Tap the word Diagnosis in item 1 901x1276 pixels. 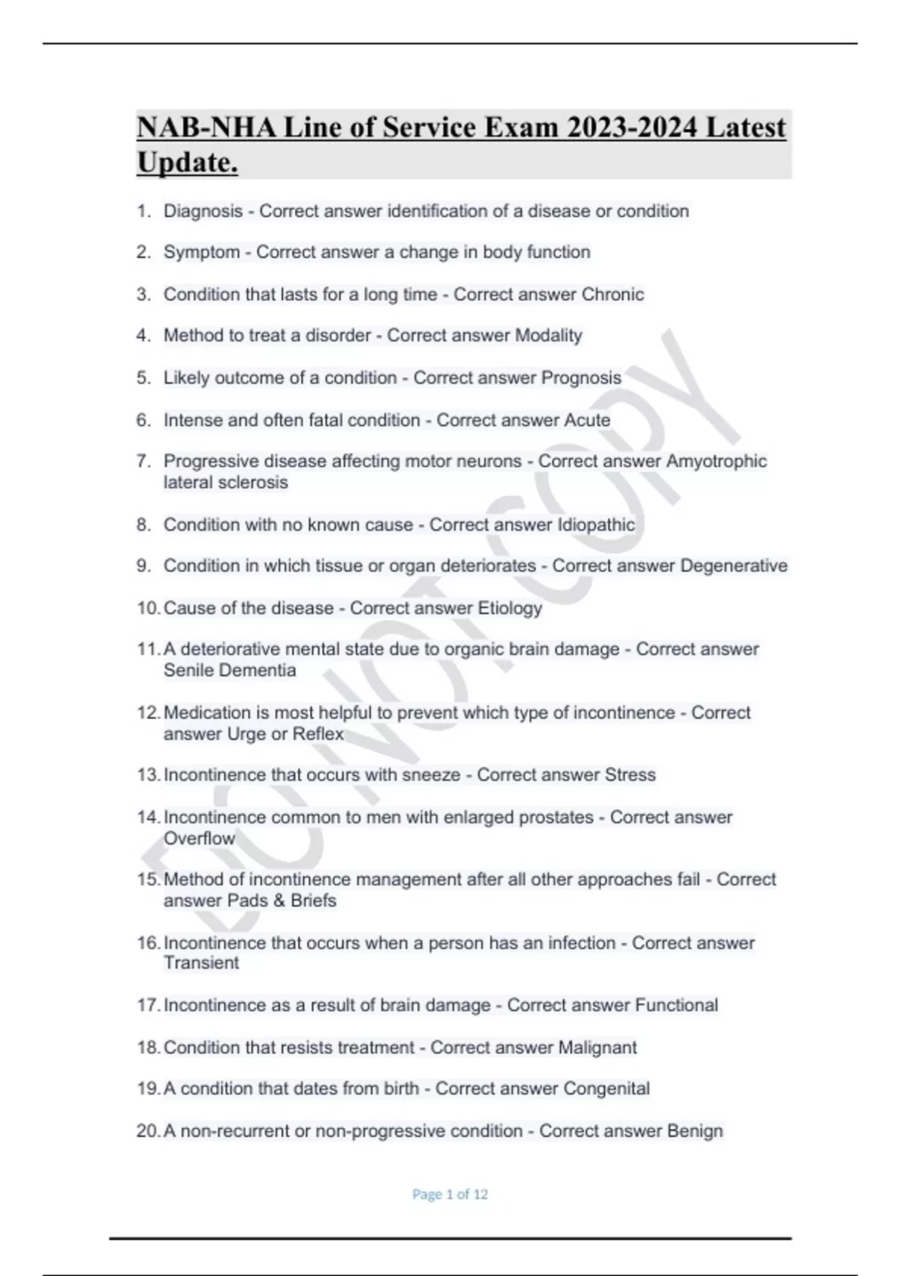coord(203,211)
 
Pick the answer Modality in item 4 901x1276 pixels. coord(548,336)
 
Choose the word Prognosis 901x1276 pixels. coord(581,378)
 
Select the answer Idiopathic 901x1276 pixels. coord(595,525)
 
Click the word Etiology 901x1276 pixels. coord(510,608)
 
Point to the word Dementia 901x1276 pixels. coord(263,670)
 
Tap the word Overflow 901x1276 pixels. coord(199,838)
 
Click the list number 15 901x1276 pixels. coord(148,879)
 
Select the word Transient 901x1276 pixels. coord(201,963)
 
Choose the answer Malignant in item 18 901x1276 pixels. coord(598,1047)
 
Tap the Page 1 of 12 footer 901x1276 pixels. coord(450,1194)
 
